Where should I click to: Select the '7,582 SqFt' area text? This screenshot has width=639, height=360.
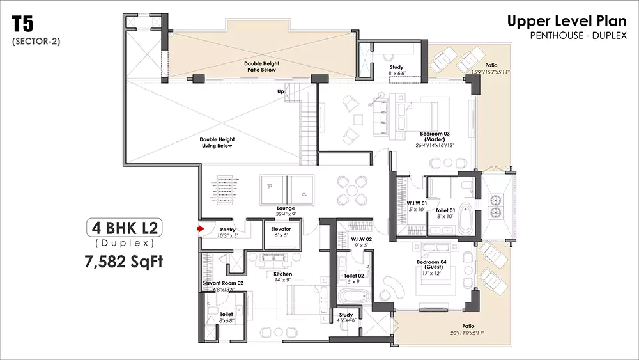(121, 261)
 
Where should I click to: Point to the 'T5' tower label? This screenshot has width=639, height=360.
(23, 25)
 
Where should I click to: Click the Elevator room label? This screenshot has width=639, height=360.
(281, 232)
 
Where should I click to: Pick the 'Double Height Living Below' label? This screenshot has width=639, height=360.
(217, 143)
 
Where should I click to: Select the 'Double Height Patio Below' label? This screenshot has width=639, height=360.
(260, 67)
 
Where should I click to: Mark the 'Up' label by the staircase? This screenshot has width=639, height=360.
(280, 91)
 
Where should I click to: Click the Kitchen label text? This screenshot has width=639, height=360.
(282, 277)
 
